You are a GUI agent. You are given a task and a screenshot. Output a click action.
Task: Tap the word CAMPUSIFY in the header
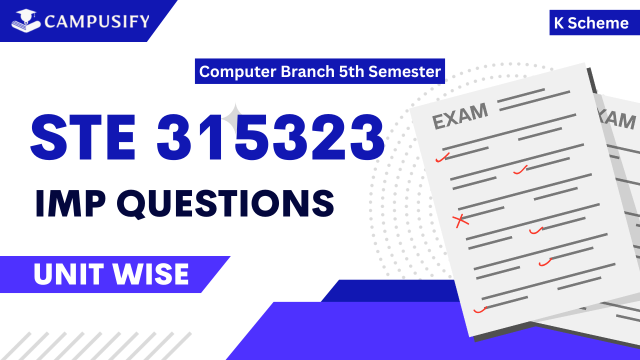pos(96,21)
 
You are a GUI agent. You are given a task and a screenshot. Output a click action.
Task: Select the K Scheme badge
pos(591,23)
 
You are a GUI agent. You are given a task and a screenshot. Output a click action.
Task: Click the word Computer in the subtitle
pos(237,71)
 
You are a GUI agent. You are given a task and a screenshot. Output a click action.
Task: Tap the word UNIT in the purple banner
pos(67,274)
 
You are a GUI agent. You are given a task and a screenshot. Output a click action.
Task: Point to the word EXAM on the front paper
pos(459,116)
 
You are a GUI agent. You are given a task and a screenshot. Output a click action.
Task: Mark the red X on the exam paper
pos(460,220)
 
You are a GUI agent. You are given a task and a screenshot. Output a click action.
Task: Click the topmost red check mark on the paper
pos(442,157)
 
